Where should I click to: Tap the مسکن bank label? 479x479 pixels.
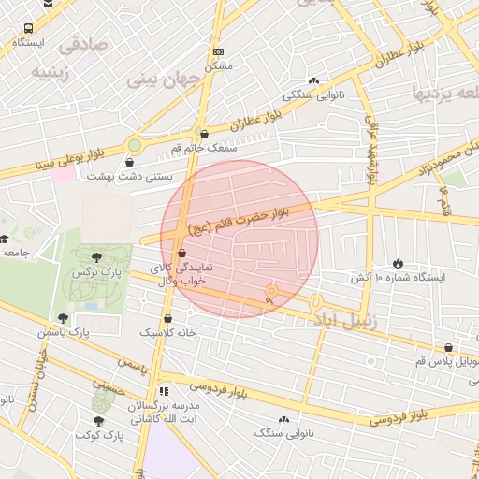(x=218, y=65)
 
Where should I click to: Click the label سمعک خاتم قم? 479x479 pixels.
(x=202, y=148)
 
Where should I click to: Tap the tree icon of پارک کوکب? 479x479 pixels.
(x=99, y=421)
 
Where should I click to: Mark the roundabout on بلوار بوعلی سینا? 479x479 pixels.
(x=135, y=145)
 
